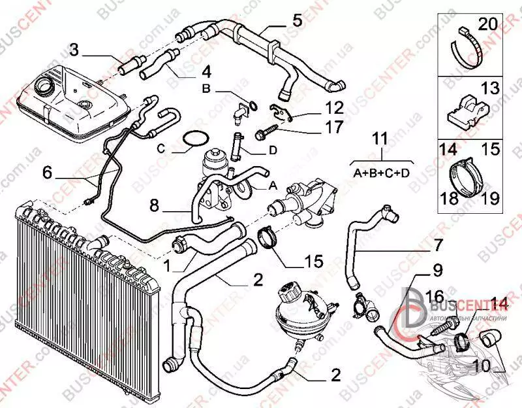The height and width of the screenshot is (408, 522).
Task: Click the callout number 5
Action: (x=297, y=19)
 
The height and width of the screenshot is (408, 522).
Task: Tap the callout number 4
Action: (x=206, y=71)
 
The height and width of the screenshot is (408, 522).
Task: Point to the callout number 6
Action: (x=46, y=173)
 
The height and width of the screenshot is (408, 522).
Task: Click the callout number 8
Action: (x=155, y=206)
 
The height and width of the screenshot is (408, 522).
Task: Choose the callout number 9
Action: (x=436, y=268)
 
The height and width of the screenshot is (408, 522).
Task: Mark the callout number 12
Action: (x=333, y=106)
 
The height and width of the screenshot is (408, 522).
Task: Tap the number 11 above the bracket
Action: (x=380, y=139)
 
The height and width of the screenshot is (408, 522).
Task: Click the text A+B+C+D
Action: (x=382, y=173)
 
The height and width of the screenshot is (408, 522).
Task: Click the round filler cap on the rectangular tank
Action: (x=48, y=85)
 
